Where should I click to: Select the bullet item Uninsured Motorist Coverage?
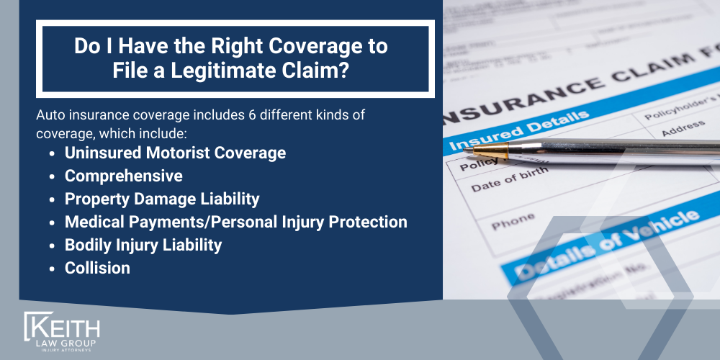(x=175, y=153)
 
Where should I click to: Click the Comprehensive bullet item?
(x=123, y=176)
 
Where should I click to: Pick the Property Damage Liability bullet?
(x=162, y=199)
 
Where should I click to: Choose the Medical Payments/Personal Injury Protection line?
(x=235, y=222)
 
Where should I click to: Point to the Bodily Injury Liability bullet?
(x=143, y=245)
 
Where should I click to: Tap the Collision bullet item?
(x=97, y=268)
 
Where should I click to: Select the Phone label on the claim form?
(x=513, y=222)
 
